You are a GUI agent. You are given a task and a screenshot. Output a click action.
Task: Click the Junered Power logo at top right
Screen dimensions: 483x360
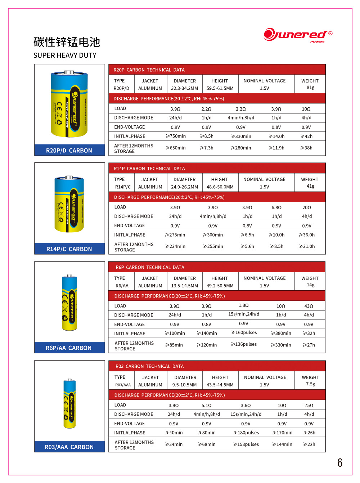click(x=298, y=35)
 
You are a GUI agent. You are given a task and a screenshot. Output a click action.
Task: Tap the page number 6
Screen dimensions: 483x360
click(x=339, y=462)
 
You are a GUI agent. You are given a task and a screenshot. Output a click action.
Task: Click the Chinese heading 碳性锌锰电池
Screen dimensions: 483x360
click(x=67, y=42)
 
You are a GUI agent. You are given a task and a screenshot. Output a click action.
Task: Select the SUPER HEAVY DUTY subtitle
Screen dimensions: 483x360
click(x=65, y=55)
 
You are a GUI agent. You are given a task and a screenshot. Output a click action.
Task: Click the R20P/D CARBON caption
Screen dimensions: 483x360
click(x=69, y=151)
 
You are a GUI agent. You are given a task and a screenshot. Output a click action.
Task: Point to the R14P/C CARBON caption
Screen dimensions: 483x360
click(x=69, y=249)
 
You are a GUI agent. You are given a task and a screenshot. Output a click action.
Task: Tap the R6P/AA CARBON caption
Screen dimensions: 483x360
click(x=69, y=348)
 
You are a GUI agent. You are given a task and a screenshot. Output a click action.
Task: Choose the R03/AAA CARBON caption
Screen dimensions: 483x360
click(x=69, y=447)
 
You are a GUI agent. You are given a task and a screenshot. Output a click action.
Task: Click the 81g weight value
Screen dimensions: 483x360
click(x=310, y=88)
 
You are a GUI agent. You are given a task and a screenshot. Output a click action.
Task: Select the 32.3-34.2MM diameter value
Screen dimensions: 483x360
click(x=184, y=88)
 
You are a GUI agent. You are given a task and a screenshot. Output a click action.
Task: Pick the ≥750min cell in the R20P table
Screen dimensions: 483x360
click(x=176, y=136)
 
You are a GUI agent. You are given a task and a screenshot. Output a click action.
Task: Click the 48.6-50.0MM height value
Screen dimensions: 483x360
click(x=220, y=187)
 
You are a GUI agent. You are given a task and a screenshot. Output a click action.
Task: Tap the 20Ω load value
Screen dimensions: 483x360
click(x=307, y=207)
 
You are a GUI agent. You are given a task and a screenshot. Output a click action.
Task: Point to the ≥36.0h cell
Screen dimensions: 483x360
click(x=307, y=235)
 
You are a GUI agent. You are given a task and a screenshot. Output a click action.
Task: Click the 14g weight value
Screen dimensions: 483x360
click(x=310, y=285)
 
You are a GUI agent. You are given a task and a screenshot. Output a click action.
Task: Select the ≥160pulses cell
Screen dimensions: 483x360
click(x=244, y=332)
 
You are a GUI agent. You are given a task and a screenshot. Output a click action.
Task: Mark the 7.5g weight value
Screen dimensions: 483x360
click(x=310, y=384)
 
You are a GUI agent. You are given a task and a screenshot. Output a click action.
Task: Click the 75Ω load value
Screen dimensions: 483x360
click(x=309, y=406)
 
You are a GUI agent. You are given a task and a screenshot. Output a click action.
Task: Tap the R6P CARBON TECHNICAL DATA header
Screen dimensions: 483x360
click(x=150, y=267)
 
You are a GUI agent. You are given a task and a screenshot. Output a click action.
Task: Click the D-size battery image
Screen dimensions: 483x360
click(x=69, y=104)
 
